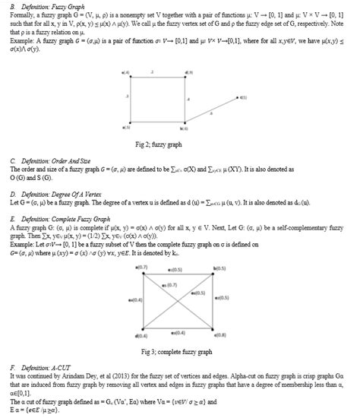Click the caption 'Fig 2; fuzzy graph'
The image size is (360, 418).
click(179, 144)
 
